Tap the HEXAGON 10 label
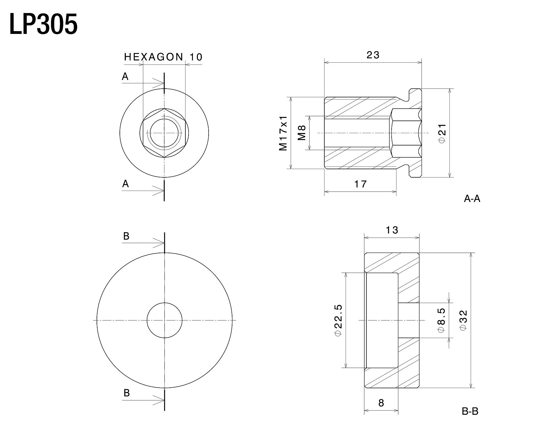coord(163,57)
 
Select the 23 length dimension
coord(373,55)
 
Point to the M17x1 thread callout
coord(283,133)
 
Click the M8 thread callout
coord(302,133)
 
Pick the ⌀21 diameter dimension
coord(442,133)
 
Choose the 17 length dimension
coord(360,184)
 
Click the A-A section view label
coord(472,199)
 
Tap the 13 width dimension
coord(392,230)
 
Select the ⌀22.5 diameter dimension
coord(339,320)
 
